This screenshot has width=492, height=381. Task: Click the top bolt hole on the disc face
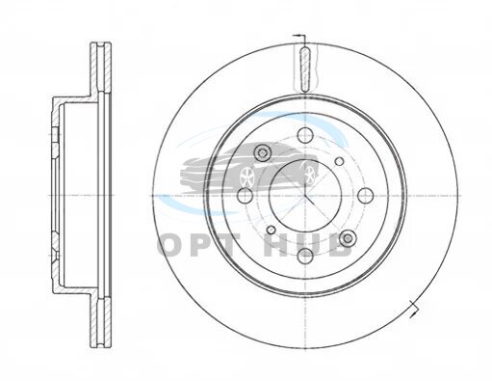coord(305,135)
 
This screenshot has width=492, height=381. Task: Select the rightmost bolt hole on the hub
coord(366,196)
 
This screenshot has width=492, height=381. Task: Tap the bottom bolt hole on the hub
coord(305,256)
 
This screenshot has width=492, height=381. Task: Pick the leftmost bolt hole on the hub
coord(245,196)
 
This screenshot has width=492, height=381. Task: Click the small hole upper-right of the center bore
coord(339,161)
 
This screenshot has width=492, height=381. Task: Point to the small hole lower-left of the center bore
coord(272,230)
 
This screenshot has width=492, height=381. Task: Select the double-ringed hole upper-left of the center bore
coord(263,152)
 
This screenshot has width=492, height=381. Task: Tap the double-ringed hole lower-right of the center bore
coord(348,238)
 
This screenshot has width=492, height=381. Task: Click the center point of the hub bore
coord(305,196)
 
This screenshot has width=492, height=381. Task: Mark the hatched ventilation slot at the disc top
coord(305,69)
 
